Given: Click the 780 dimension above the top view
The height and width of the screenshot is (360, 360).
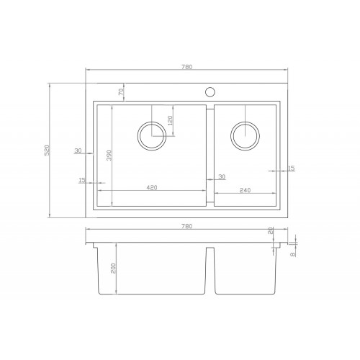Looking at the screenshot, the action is click(186, 67).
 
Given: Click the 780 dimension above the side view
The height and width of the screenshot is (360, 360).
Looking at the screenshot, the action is click(186, 226).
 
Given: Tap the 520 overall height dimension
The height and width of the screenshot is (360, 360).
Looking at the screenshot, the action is click(48, 150).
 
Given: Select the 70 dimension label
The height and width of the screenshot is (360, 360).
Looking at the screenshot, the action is click(121, 91).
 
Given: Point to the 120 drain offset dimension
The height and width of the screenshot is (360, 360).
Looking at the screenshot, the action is click(170, 120).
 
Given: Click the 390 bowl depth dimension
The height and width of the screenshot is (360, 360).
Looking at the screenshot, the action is click(109, 156).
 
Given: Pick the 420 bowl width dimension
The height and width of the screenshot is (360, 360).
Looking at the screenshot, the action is click(152, 187).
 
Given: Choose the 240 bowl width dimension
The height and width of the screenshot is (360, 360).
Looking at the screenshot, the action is click(245, 190).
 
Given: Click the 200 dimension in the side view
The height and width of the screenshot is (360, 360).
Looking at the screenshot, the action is click(113, 268).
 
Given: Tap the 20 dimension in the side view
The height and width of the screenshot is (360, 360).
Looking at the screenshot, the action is click(271, 230).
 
